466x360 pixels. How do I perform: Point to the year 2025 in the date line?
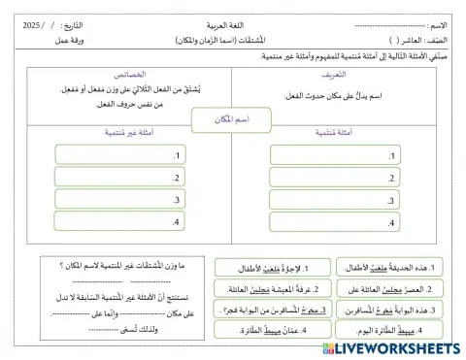click(x=37, y=24)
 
